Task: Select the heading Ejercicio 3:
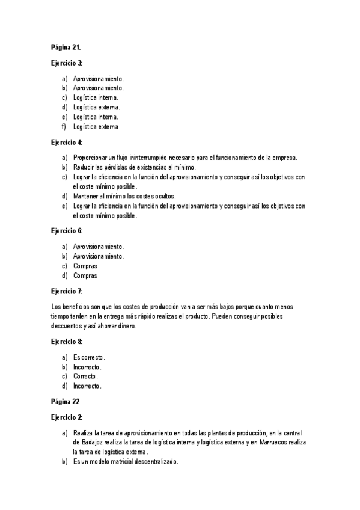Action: pyautogui.click(x=67, y=63)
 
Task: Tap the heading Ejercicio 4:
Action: pyautogui.click(x=67, y=143)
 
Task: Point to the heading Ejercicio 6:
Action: pyautogui.click(x=67, y=231)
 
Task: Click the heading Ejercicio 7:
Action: pyautogui.click(x=67, y=291)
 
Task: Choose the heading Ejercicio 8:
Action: pyautogui.click(x=67, y=342)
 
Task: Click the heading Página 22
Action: pyautogui.click(x=65, y=401)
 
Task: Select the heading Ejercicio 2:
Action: pyautogui.click(x=67, y=417)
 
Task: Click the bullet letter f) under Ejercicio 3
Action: pyautogui.click(x=64, y=127)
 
